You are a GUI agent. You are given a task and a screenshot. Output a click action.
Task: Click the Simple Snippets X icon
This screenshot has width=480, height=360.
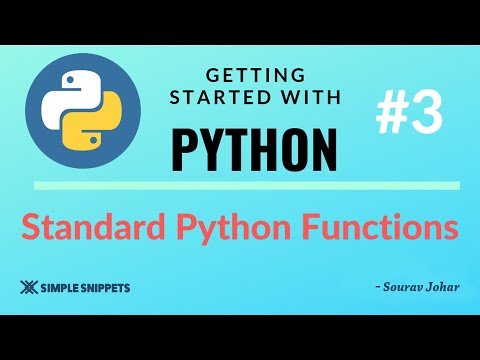(27, 287)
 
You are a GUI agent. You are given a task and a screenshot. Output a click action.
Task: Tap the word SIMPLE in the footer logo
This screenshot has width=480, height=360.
(58, 287)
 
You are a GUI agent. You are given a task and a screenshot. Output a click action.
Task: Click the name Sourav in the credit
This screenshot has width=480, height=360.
(400, 287)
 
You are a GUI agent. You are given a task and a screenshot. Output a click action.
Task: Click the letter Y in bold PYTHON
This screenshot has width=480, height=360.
(208, 145)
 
